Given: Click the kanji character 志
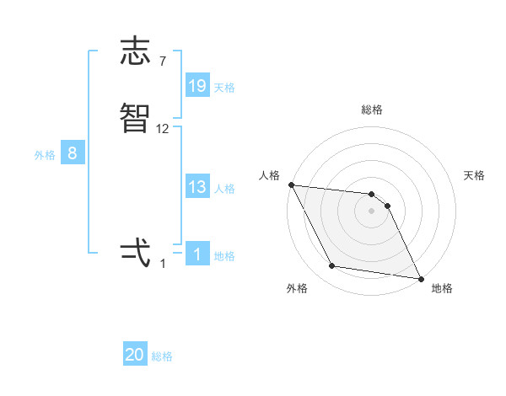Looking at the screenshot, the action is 136,51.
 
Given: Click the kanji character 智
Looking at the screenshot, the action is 136,119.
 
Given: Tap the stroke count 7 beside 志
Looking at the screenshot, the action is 163,61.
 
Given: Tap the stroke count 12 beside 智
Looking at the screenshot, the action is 163,128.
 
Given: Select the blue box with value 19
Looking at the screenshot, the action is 197,86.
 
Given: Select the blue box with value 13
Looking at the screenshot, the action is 197,187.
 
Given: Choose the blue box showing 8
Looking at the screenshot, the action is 73,153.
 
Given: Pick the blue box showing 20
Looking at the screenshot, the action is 135,356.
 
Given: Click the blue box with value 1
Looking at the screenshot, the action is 197,254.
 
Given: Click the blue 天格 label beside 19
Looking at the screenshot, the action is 224,88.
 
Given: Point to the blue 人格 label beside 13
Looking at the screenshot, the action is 224,189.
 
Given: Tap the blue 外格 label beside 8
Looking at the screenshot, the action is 45,155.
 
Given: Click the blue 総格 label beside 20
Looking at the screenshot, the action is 162,357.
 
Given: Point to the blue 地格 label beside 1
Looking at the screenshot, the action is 224,256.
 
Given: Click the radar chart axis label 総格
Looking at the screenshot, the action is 372,110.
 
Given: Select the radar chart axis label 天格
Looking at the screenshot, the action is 475,175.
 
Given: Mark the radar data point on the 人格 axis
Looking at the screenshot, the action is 291,185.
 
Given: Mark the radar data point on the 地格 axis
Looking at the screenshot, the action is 421,278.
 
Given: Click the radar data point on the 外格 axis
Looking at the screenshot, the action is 332,266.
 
